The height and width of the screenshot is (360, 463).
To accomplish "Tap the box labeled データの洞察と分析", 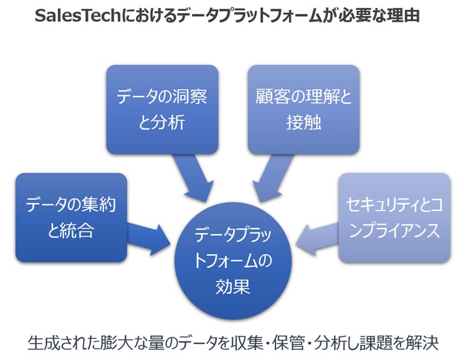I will tap(161, 109).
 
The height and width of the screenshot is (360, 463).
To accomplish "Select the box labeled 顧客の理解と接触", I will tap(303, 109).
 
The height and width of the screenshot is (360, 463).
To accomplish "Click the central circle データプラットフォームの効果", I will tap(232, 255).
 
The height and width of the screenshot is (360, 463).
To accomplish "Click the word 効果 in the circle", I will tap(232, 286).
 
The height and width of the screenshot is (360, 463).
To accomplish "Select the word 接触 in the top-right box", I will tap(303, 123).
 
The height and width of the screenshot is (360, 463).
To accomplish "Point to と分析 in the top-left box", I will tap(161, 123).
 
